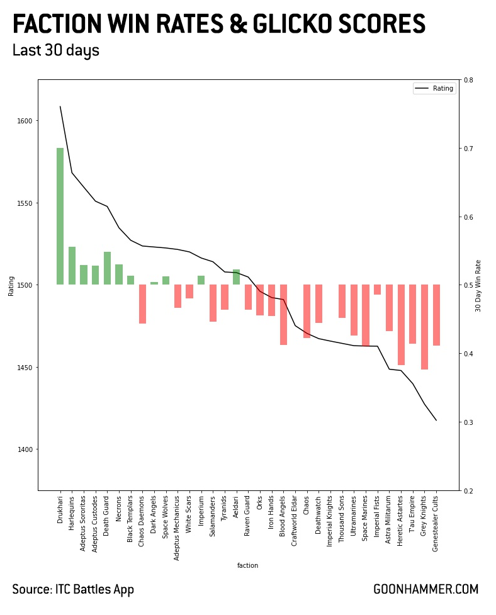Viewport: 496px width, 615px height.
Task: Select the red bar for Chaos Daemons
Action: (142, 304)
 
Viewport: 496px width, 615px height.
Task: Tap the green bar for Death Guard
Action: (107, 268)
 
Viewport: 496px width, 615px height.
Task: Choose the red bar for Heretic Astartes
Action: (401, 325)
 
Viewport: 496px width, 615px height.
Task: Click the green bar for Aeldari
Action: (236, 277)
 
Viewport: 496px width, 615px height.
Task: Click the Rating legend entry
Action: (434, 88)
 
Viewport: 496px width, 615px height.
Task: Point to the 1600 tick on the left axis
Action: (28, 121)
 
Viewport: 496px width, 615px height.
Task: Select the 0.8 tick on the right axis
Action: (468, 80)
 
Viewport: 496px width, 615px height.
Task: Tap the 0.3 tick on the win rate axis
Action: (468, 422)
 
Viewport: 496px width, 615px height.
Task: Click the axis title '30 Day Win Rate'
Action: (478, 285)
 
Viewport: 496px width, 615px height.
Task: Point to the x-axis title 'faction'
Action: (247, 565)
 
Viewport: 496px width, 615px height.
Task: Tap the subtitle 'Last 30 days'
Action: (55, 51)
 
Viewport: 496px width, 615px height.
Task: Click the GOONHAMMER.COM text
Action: (426, 590)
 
